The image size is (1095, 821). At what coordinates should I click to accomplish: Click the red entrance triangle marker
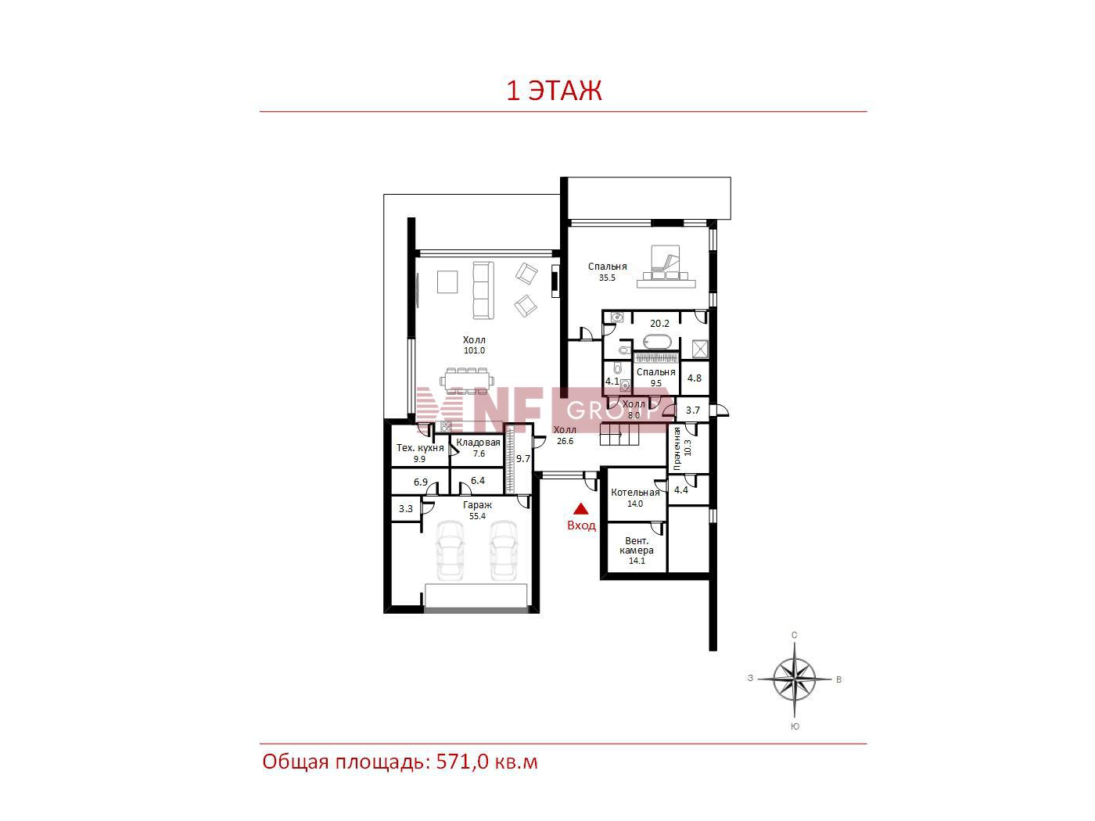tap(580, 508)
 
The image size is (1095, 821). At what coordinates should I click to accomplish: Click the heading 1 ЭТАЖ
tap(554, 91)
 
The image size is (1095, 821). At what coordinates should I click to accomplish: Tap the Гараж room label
tap(477, 505)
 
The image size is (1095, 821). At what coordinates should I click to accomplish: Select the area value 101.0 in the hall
tap(474, 350)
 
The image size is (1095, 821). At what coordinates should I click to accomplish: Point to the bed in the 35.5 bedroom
tap(666, 267)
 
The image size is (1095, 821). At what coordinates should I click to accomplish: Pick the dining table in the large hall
tap(467, 381)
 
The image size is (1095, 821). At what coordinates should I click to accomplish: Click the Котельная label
tap(634, 493)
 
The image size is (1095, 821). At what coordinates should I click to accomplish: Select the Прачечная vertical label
tap(677, 449)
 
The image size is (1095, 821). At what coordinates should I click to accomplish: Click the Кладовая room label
tap(478, 443)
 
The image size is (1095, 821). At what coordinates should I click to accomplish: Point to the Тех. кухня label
tap(420, 447)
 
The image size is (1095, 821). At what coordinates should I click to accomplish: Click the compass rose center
tap(794, 679)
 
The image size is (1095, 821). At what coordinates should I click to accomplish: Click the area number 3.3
tap(406, 509)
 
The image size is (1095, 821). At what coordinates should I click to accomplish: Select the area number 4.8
tap(694, 378)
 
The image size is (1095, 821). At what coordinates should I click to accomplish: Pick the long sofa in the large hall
tap(483, 291)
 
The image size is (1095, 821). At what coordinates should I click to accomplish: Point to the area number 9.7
tap(522, 459)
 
